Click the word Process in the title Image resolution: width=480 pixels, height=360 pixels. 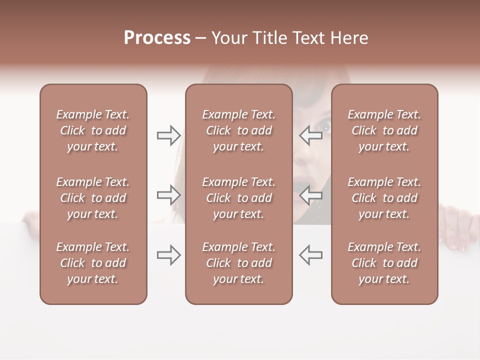(x=157, y=38)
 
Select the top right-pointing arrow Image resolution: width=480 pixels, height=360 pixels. (x=168, y=135)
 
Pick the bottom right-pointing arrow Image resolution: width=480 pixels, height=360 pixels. (x=168, y=255)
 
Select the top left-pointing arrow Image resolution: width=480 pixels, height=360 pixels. (x=311, y=135)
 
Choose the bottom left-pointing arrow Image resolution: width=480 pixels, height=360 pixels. (x=311, y=255)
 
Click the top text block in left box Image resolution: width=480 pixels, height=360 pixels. (x=93, y=130)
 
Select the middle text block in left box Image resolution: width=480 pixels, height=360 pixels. (x=93, y=198)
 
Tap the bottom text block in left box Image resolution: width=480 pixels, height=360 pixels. (x=93, y=263)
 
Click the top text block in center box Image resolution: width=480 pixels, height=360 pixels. (x=238, y=130)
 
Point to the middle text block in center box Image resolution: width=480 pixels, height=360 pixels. (x=238, y=198)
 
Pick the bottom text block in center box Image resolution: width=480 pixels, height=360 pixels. (x=238, y=263)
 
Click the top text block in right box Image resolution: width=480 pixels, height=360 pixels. (x=384, y=130)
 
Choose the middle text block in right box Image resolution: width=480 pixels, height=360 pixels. (x=384, y=198)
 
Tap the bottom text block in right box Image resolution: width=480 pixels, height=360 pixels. (x=384, y=263)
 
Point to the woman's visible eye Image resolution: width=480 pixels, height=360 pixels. (x=325, y=126)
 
